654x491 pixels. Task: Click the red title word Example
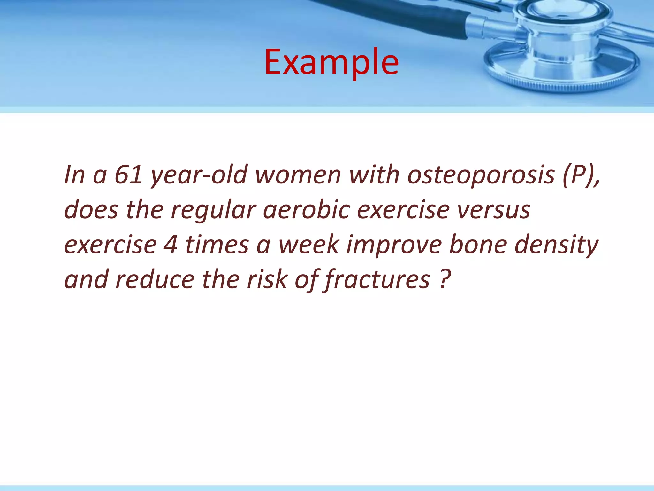[331, 62]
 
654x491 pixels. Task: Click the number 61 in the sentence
[128, 175]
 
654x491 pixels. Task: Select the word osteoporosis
[481, 175]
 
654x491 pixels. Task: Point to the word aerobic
[307, 210]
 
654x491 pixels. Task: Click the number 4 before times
[171, 245]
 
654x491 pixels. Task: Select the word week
[308, 245]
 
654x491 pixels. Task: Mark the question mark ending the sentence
[445, 279]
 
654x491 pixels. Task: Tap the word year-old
[199, 175]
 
